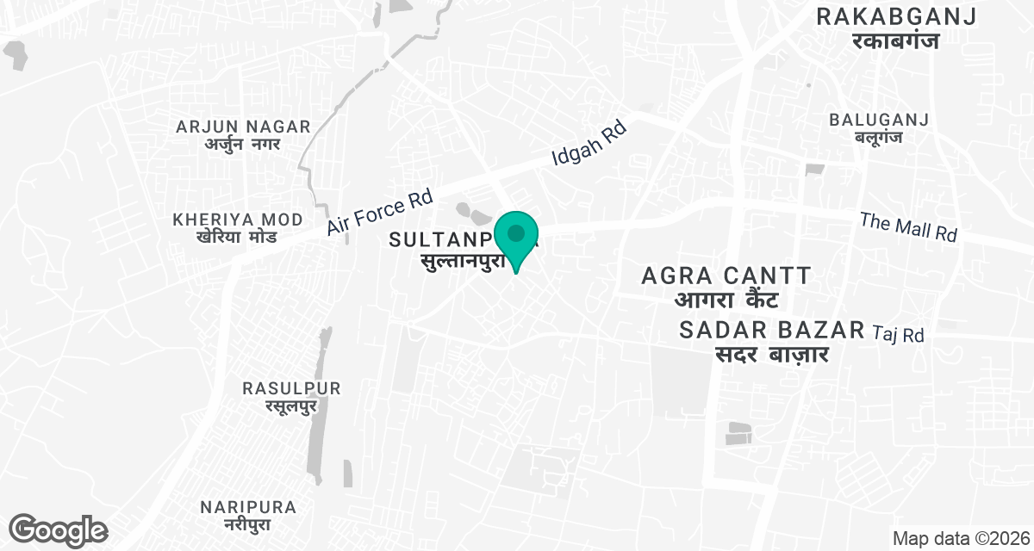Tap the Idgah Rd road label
tap(590, 143)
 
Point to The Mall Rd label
tap(908, 227)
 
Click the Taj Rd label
tap(899, 334)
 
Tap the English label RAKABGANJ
tap(896, 16)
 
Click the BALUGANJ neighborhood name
tap(879, 120)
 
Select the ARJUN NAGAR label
tap(243, 127)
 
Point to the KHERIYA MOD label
tap(238, 220)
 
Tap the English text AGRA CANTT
tap(727, 276)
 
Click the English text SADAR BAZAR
tap(771, 330)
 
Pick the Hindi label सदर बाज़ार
tap(772, 353)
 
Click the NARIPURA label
tap(247, 506)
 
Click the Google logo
tap(58, 530)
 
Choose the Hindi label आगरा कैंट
tap(726, 300)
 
